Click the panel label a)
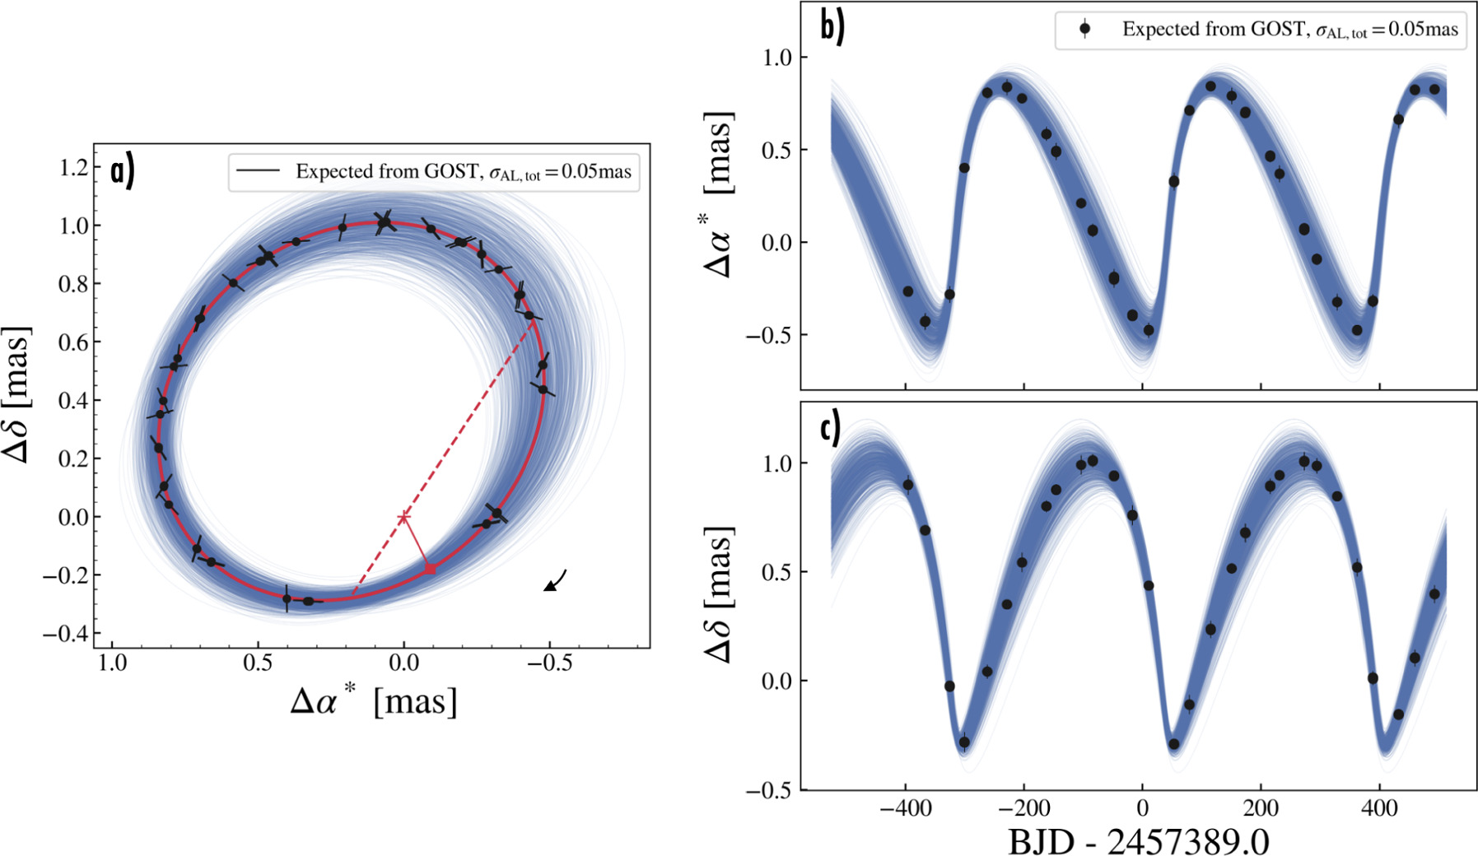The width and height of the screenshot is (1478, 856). click(123, 171)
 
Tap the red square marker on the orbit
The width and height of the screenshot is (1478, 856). click(430, 569)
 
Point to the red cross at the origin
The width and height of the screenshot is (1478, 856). click(403, 517)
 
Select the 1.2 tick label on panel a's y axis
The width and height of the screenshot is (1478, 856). click(73, 167)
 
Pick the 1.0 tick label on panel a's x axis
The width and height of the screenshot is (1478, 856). click(112, 663)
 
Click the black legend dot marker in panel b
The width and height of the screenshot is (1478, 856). click(1085, 29)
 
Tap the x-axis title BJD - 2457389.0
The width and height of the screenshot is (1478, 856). click(1139, 841)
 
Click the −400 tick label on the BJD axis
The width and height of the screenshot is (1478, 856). click(905, 807)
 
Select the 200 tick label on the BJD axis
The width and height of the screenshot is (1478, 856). click(1261, 807)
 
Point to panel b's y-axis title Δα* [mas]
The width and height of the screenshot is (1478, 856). click(718, 194)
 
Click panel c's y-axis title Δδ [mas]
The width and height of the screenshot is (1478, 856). click(718, 593)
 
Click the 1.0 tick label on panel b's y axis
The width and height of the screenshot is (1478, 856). click(777, 58)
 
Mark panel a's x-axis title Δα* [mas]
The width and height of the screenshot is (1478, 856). click(373, 701)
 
